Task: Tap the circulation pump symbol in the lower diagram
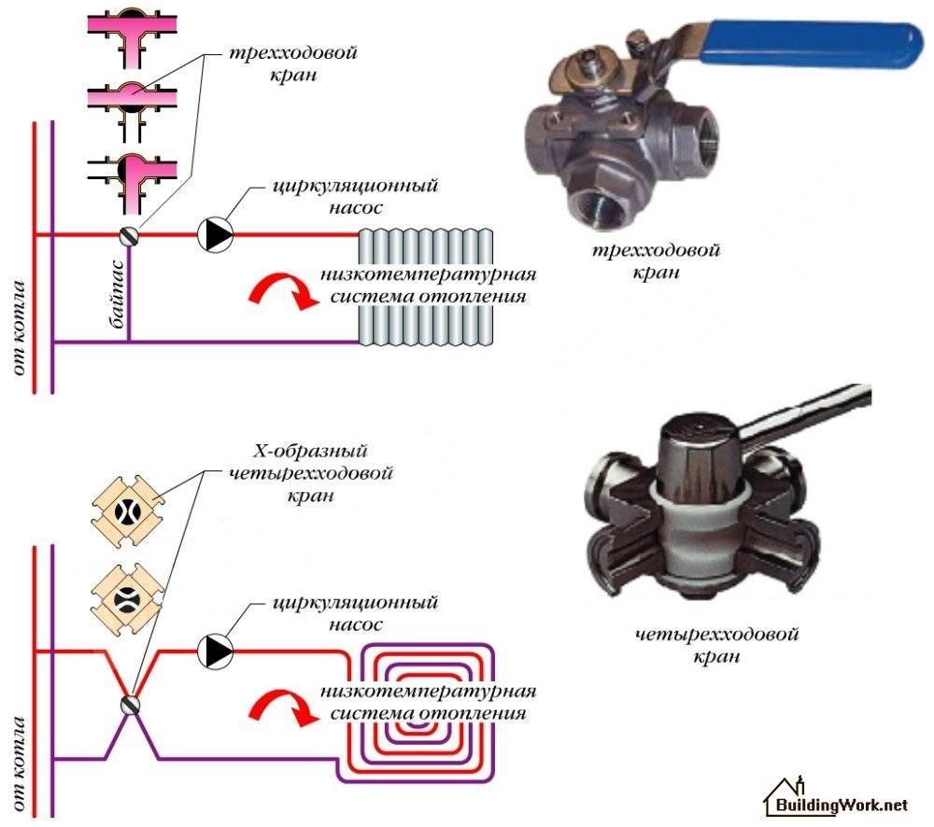(216, 650)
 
